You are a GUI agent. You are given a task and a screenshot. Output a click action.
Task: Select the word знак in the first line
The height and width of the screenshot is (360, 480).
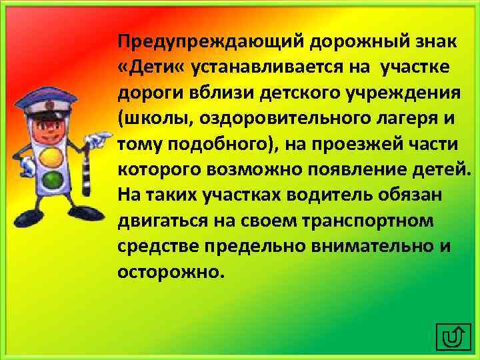433,43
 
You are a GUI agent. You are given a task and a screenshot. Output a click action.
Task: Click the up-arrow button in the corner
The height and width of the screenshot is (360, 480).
453,337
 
